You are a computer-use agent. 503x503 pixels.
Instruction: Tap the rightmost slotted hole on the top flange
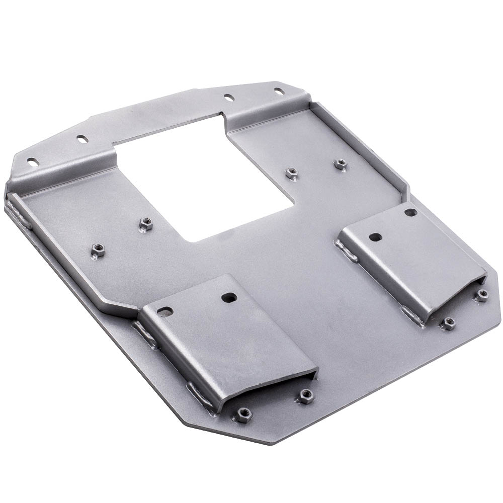coord(278,91)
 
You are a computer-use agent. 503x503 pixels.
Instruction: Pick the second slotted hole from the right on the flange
coord(229,96)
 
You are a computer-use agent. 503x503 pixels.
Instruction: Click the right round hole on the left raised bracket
coord(230,297)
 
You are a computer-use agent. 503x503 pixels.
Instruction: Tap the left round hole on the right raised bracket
coord(374,236)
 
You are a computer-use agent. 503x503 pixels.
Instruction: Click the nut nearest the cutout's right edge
coord(290,173)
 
